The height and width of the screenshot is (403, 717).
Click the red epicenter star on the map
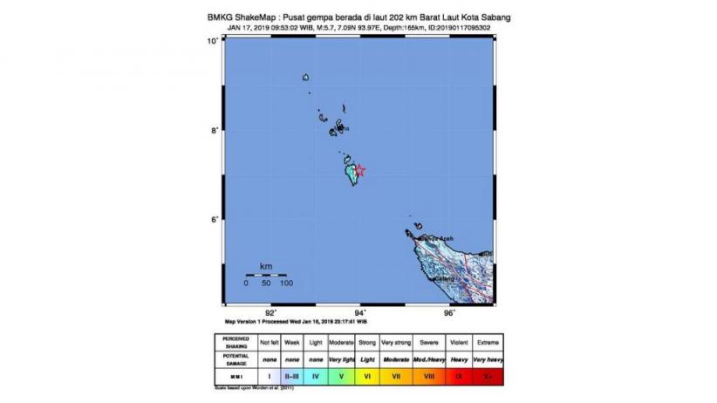(x=359, y=171)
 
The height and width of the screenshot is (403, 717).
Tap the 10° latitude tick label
(x=211, y=42)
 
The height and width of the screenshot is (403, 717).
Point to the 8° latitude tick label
(x=211, y=131)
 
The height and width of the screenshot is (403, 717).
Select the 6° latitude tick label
(x=211, y=220)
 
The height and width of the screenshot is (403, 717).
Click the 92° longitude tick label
(x=270, y=312)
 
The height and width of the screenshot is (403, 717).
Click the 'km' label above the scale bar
(x=265, y=265)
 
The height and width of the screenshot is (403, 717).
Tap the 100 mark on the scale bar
(x=285, y=283)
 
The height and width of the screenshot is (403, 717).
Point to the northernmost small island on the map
(x=306, y=79)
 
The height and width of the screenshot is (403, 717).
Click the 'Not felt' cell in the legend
(x=267, y=340)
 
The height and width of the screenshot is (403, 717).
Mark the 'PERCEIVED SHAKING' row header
(x=235, y=340)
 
